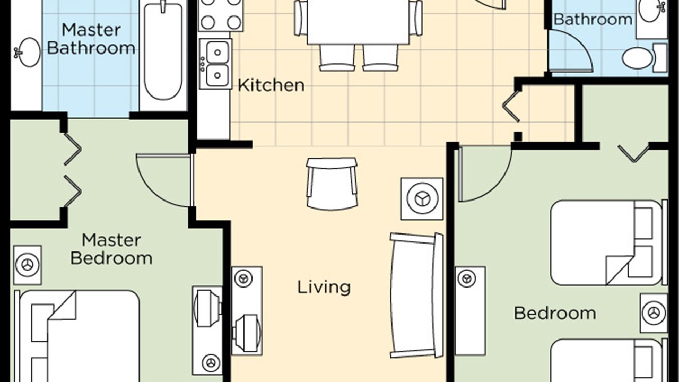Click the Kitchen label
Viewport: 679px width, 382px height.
coord(271,85)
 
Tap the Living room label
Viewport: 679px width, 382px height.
coord(324,287)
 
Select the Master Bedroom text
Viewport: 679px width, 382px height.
coord(111,249)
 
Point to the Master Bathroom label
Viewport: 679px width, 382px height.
coord(91,39)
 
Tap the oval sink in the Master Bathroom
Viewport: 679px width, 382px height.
coord(28,52)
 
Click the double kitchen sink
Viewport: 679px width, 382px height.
coord(216,64)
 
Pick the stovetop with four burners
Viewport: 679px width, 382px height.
coord(221,15)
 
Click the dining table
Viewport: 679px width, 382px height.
coord(358,22)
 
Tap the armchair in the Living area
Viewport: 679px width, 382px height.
coord(332,184)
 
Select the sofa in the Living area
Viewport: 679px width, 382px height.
coord(416,296)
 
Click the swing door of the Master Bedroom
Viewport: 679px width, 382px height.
coord(164,181)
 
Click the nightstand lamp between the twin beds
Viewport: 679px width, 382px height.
coord(654,312)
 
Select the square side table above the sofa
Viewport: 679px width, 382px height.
coord(422,199)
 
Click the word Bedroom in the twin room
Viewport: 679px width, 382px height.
coord(555,313)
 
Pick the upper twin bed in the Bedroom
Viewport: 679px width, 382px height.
coord(608,242)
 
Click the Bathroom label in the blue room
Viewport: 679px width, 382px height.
coord(593,20)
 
